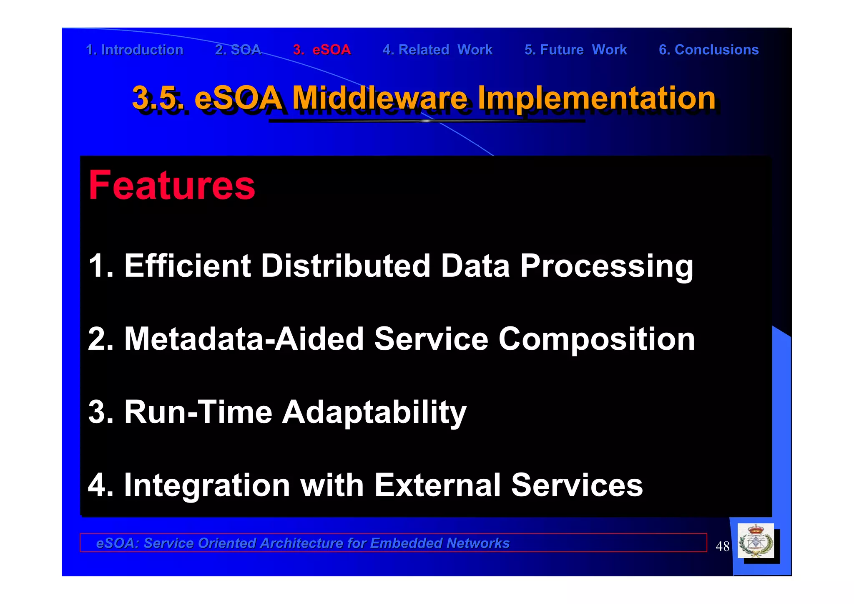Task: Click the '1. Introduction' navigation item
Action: pos(134,50)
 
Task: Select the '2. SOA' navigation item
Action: pos(238,50)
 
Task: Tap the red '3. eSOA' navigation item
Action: pos(322,50)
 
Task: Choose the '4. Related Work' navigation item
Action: pos(437,50)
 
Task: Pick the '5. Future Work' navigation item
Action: pos(575,50)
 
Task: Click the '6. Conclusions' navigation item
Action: pos(708,50)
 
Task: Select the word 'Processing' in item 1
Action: pos(607,266)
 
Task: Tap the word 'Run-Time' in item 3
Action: pos(198,412)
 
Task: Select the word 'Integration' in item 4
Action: pos(207,485)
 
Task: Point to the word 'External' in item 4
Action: pos(437,485)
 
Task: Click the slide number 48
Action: pos(722,546)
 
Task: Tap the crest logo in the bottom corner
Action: pos(756,541)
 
